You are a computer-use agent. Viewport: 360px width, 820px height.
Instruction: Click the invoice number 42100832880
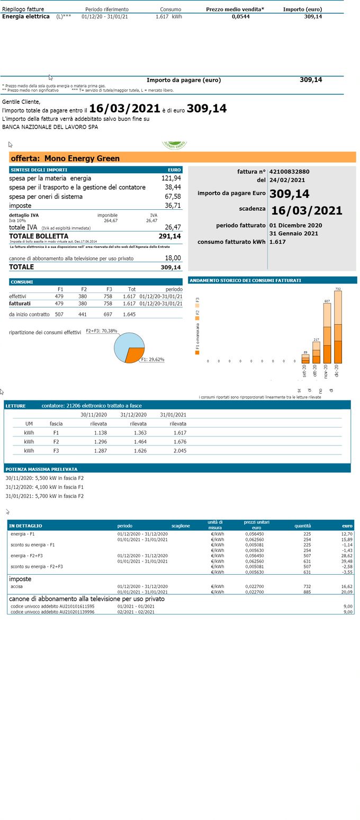click(x=289, y=172)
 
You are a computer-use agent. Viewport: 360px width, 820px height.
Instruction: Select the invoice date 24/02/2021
click(x=287, y=180)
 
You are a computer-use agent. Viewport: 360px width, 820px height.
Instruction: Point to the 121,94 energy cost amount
click(x=171, y=179)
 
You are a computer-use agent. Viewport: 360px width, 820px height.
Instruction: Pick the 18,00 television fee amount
click(x=173, y=258)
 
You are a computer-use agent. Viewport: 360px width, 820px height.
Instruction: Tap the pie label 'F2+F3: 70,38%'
click(x=101, y=331)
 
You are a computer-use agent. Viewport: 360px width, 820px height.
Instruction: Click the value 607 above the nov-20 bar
click(x=327, y=301)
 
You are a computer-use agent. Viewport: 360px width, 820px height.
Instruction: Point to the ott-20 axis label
click(x=316, y=371)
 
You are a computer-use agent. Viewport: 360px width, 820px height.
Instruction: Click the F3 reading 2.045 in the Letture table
click(x=179, y=451)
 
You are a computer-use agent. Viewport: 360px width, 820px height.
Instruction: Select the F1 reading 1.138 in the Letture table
click(x=100, y=433)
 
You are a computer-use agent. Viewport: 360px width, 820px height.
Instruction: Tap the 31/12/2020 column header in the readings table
click(x=133, y=415)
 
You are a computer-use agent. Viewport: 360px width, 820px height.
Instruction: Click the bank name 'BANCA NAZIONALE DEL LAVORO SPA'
click(x=50, y=127)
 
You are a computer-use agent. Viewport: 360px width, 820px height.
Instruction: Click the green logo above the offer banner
click(x=174, y=145)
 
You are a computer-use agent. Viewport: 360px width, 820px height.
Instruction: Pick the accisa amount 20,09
click(x=346, y=592)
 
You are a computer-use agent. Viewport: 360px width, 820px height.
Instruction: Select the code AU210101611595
click(x=52, y=606)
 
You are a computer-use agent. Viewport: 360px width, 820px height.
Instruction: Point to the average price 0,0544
click(x=240, y=16)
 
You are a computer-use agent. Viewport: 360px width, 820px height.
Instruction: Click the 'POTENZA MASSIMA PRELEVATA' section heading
click(x=41, y=469)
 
